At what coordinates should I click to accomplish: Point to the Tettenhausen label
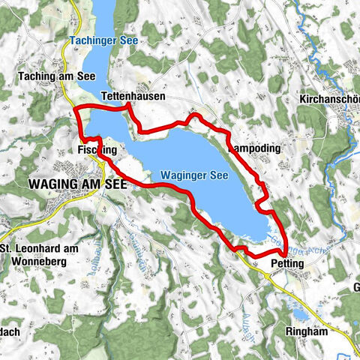(133, 97)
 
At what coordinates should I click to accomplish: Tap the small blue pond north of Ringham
(299, 313)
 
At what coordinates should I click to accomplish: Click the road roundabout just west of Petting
(268, 275)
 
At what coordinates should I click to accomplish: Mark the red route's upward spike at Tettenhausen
(129, 109)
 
